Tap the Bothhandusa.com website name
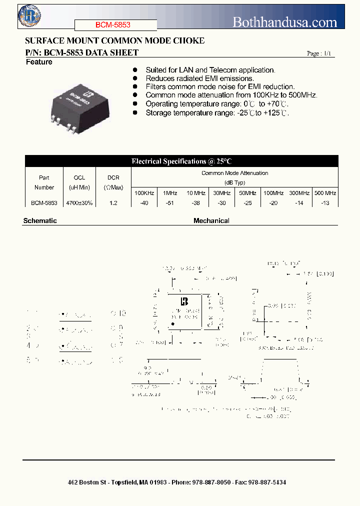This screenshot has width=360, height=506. [285, 22]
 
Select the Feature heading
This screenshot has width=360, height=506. [39, 62]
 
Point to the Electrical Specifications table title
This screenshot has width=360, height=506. [181, 161]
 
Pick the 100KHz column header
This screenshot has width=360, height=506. [144, 193]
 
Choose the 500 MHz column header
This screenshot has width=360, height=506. [325, 193]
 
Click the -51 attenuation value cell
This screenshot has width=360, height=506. [170, 203]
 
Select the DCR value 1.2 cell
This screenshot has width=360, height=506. [113, 203]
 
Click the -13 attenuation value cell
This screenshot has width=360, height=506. [325, 203]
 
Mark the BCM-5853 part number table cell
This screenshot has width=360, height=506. [44, 203]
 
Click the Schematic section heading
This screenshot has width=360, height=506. [40, 220]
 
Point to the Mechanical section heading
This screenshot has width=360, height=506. [211, 220]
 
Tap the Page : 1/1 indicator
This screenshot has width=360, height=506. [318, 54]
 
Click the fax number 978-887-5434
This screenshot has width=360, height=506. [267, 482]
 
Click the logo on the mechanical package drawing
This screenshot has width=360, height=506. [184, 301]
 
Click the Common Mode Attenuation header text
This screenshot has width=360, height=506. [234, 173]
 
